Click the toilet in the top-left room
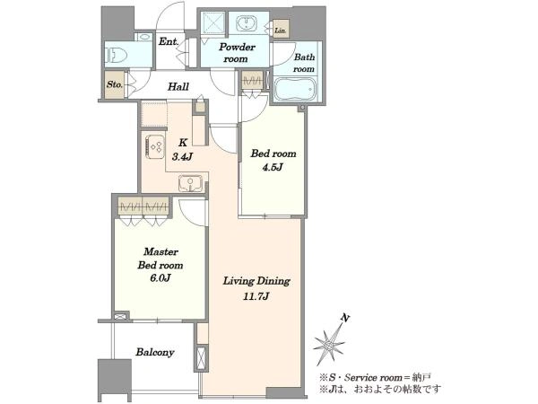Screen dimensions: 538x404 click(x=116, y=54)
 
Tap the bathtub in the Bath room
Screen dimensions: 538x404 click(x=295, y=89)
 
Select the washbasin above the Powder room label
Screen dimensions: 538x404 click(x=247, y=23)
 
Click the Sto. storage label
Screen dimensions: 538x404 click(x=114, y=84)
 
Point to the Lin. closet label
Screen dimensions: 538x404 click(x=280, y=31)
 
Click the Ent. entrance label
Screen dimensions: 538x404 click(x=169, y=42)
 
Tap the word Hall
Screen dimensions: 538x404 click(x=178, y=86)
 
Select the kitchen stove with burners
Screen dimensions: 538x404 click(x=155, y=146)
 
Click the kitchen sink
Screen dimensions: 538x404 click(x=191, y=183)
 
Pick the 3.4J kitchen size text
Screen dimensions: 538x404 click(x=182, y=157)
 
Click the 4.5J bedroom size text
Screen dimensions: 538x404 click(x=273, y=167)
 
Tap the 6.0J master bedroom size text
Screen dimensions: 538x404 click(x=161, y=278)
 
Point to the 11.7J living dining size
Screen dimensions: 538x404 click(x=256, y=296)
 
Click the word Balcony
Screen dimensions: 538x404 click(x=155, y=352)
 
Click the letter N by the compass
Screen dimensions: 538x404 click(x=345, y=319)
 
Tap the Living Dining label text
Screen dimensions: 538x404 click(x=256, y=281)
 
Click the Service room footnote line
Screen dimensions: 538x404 click(x=375, y=378)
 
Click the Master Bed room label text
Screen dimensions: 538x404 click(x=161, y=259)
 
